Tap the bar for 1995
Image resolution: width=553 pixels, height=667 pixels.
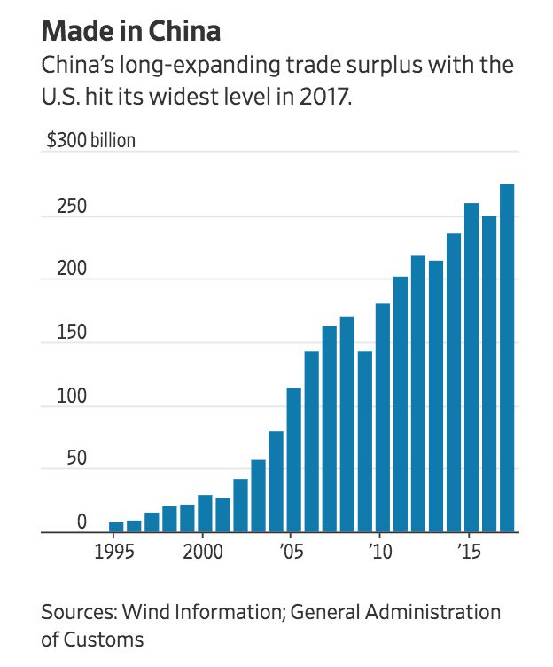116,527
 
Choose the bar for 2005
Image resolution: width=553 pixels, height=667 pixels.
294,460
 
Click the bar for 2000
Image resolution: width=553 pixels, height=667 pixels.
205,514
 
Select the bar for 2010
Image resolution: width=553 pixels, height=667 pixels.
383,418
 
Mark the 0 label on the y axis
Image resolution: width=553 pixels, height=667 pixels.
81,522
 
